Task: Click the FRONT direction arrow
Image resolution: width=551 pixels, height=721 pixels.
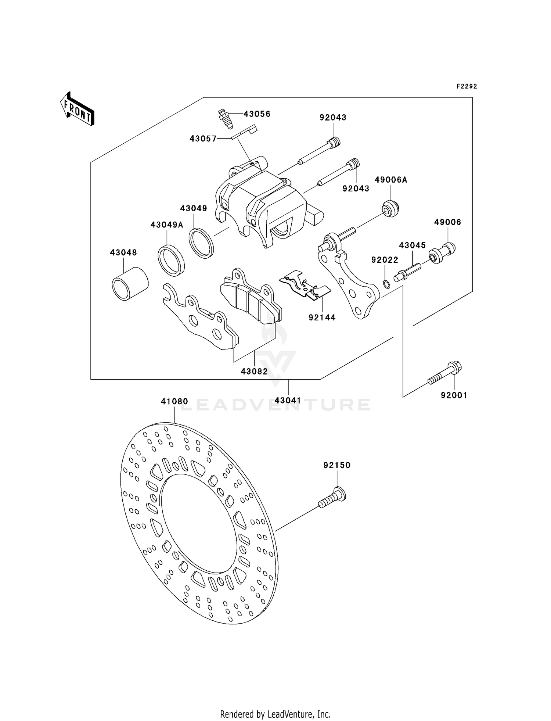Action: pos(78,109)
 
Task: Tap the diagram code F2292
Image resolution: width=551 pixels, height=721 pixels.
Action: pos(467,86)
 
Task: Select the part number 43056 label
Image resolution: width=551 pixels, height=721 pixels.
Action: pos(257,114)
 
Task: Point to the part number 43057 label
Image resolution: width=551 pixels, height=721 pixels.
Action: pos(203,139)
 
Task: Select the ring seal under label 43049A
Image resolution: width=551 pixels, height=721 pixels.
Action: pos(171,260)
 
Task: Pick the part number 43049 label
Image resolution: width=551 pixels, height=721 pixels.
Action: pos(194,208)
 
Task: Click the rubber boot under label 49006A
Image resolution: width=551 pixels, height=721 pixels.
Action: pos(390,209)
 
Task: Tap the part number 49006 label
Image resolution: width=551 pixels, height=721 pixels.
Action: pos(447,222)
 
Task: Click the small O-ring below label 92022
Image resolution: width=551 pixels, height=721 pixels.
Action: pos(386,284)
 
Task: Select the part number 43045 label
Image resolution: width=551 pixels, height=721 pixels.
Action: pos(413,245)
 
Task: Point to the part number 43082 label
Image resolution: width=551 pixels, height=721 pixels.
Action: pos(254,371)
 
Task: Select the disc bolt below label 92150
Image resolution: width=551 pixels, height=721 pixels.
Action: pos(332,498)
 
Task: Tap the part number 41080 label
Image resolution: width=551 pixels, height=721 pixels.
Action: pos(174,402)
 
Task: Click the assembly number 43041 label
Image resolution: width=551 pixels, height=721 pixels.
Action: pos(288,401)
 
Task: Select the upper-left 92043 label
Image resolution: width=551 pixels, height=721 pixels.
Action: pos(333,118)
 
